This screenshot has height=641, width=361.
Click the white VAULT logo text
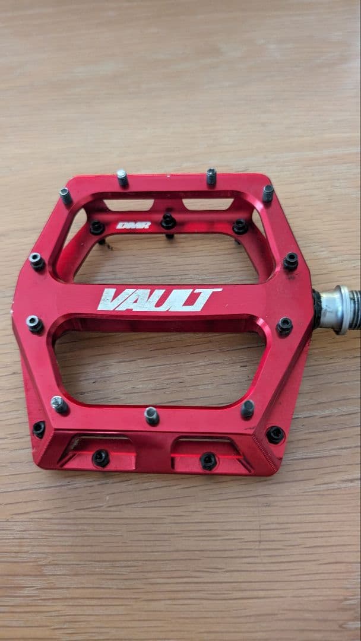tap(159, 299)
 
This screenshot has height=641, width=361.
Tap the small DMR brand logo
tap(133, 226)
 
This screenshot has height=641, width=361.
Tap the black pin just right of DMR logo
tap(168, 221)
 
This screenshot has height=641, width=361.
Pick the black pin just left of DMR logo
tap(97, 227)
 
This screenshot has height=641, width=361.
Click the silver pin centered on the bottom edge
tap(151, 415)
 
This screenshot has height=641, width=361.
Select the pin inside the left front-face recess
tap(100, 457)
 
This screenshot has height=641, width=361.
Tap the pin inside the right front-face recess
tap(208, 461)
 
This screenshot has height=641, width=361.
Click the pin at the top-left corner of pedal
tap(65, 195)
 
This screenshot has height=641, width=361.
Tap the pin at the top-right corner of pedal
tap(268, 193)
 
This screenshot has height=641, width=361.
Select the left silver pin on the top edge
tap(122, 177)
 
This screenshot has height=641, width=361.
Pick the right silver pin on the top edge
tap(211, 176)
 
